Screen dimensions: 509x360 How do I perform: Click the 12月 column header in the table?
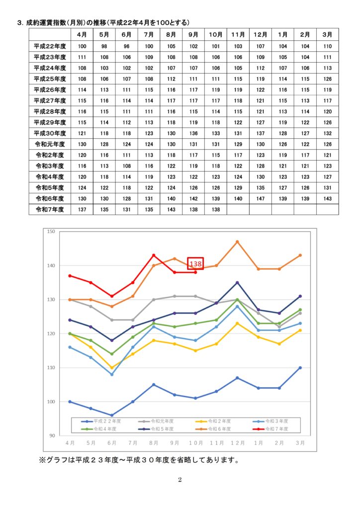[260, 34]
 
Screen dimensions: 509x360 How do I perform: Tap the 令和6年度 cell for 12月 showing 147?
[260, 198]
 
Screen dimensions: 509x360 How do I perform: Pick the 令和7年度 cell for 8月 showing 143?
[172, 209]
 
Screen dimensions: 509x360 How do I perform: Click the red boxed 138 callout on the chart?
[195, 264]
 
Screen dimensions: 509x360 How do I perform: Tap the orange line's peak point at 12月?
[237, 242]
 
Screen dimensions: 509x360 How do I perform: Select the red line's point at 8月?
[154, 255]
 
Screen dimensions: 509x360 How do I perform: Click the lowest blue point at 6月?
[112, 415]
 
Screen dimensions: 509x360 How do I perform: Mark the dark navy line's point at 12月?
[237, 282]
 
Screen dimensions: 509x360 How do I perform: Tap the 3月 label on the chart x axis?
[300, 442]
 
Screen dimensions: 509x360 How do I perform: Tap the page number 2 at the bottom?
[180, 480]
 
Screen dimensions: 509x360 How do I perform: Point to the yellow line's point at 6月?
[112, 368]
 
